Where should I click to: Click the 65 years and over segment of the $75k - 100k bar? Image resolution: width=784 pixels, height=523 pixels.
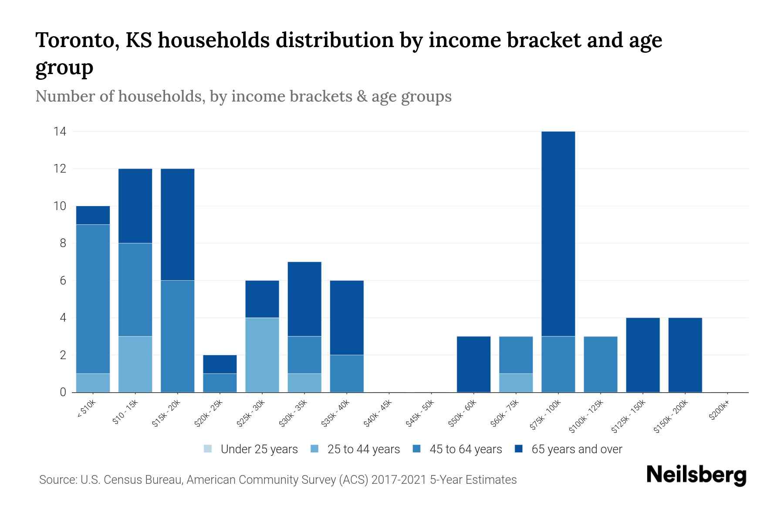pos(558,234)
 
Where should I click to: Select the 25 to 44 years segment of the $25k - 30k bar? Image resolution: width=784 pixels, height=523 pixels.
pos(262,355)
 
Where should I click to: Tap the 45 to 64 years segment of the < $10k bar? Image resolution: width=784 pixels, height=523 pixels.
pos(93,299)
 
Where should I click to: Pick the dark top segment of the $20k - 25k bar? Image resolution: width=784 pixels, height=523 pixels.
pos(220,364)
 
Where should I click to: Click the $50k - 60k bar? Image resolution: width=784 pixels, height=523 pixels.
pos(473,364)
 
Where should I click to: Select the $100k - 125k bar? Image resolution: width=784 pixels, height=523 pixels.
pos(601,364)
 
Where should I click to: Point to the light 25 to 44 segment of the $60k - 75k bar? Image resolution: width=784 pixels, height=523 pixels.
pos(516,383)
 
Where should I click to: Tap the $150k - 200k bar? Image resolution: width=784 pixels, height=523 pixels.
pos(685,355)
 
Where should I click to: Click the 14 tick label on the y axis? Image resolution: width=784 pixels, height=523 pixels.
pos(60,131)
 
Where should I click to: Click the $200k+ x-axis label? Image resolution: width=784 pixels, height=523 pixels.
pos(719,411)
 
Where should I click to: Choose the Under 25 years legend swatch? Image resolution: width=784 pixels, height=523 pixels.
pos(208,449)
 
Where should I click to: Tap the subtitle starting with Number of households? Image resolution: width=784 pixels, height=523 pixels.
pos(243,96)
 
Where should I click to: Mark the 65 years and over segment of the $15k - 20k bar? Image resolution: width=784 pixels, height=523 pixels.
pos(178,224)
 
